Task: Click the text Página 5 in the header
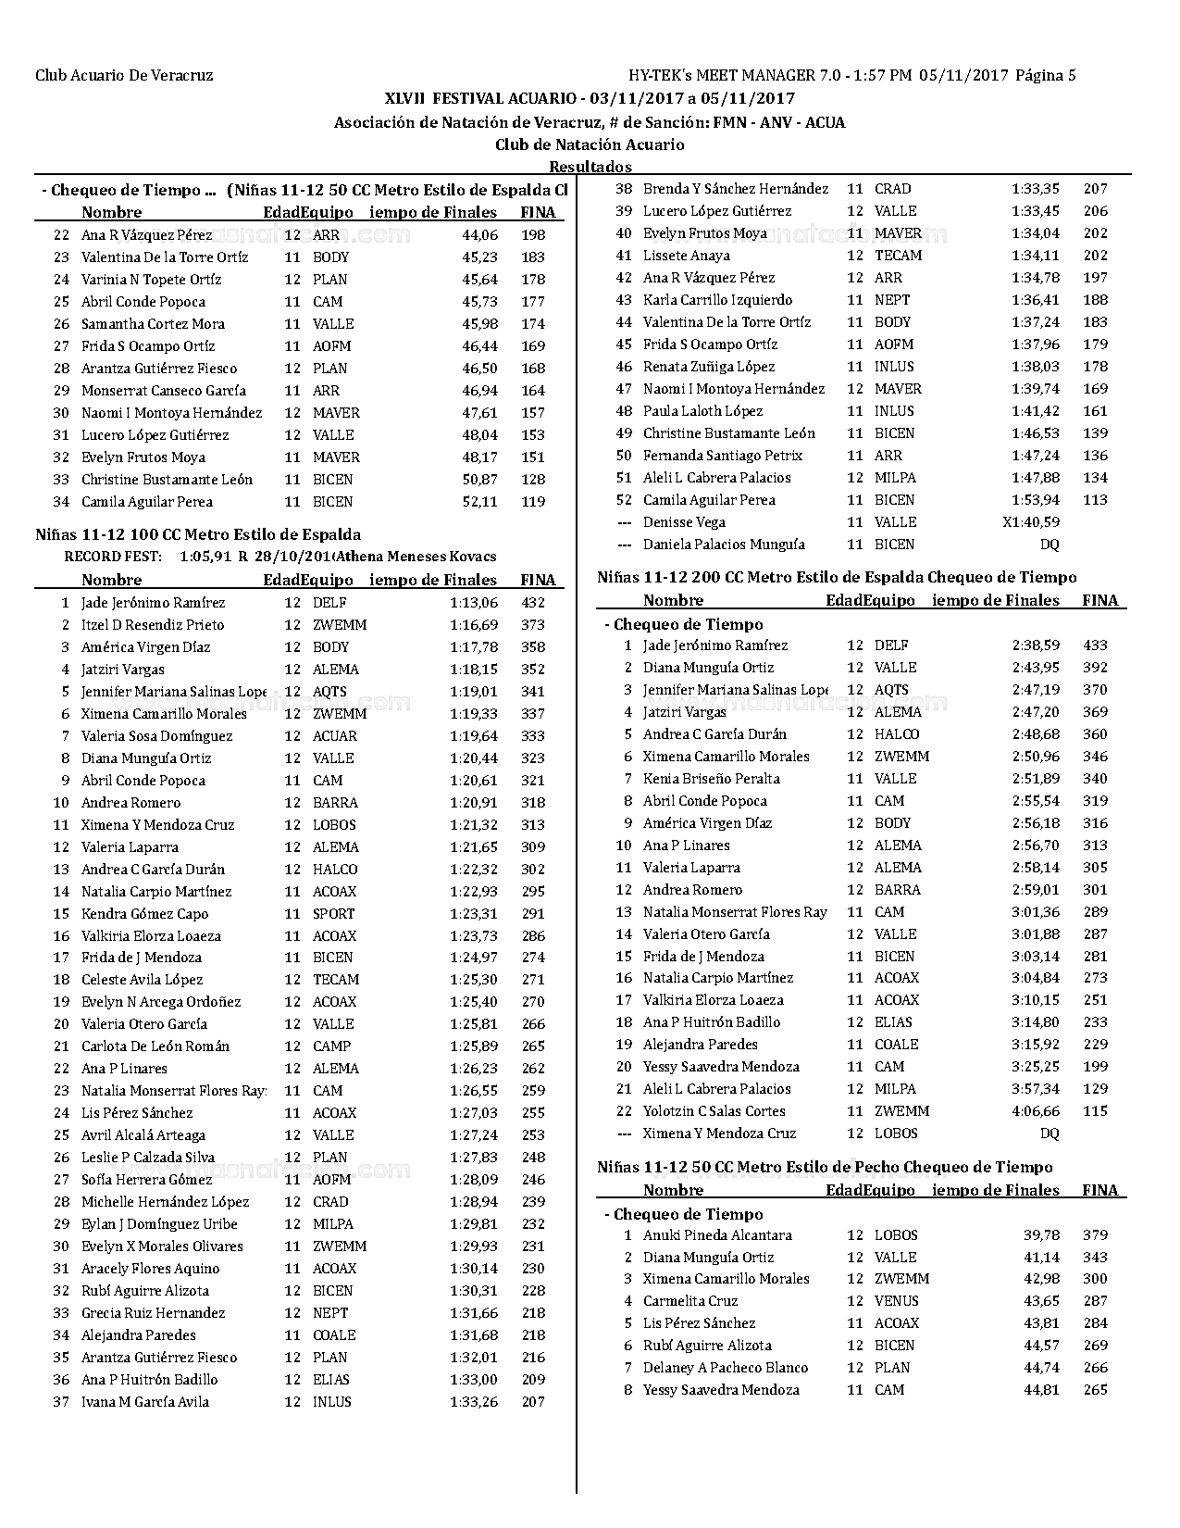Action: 1046,76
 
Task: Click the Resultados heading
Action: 590,167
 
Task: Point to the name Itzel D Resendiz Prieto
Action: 153,625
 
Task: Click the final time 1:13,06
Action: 474,603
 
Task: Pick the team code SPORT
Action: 333,914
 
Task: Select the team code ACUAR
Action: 334,736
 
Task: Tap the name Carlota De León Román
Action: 155,1046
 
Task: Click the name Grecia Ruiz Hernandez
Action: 153,1313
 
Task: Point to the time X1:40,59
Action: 1031,522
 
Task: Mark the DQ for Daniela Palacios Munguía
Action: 1050,545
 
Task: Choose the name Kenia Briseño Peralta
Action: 712,779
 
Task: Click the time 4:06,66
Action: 1036,1111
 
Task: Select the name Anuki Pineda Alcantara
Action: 717,1235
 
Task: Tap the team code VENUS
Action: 897,1301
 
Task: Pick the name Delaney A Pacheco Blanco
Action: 726,1368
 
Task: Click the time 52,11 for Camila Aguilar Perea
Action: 479,502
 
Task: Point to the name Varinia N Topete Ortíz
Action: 151,280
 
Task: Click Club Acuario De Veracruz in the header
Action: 124,76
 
